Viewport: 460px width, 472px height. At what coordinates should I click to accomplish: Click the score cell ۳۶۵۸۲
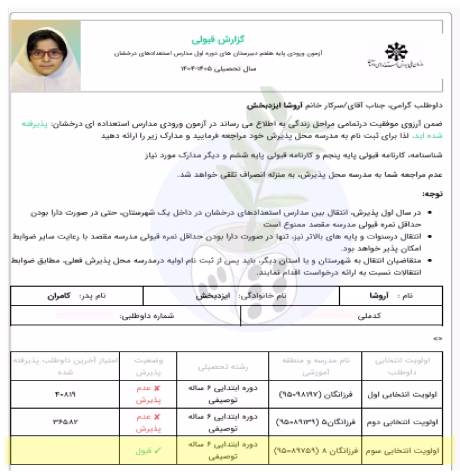(x=63, y=423)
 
